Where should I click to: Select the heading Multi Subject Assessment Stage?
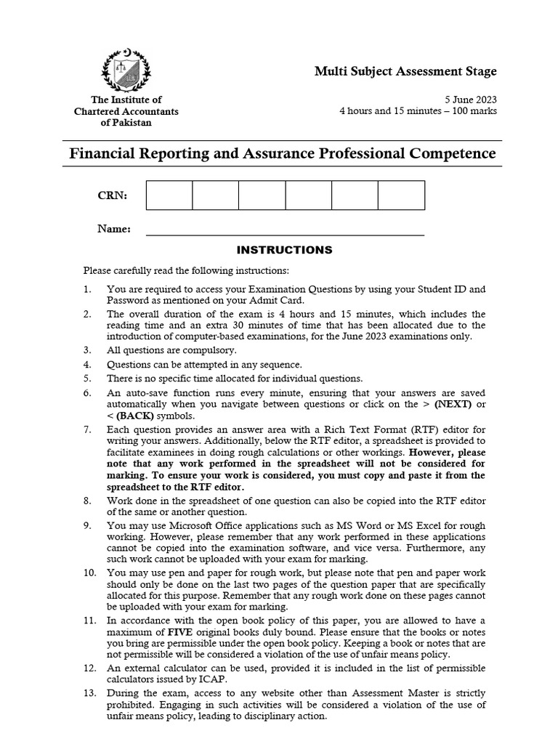tap(405, 71)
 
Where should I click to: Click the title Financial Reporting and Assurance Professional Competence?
tap(282, 154)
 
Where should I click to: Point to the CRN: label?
tap(113, 196)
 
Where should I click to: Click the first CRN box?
tap(169, 195)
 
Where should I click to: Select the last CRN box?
tap(401, 195)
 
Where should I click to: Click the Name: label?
tap(114, 229)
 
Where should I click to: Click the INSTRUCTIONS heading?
tap(285, 250)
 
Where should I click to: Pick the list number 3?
tap(87, 349)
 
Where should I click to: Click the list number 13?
tap(90, 693)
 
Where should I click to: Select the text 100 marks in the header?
tap(472, 111)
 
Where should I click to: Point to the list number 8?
tap(87, 501)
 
